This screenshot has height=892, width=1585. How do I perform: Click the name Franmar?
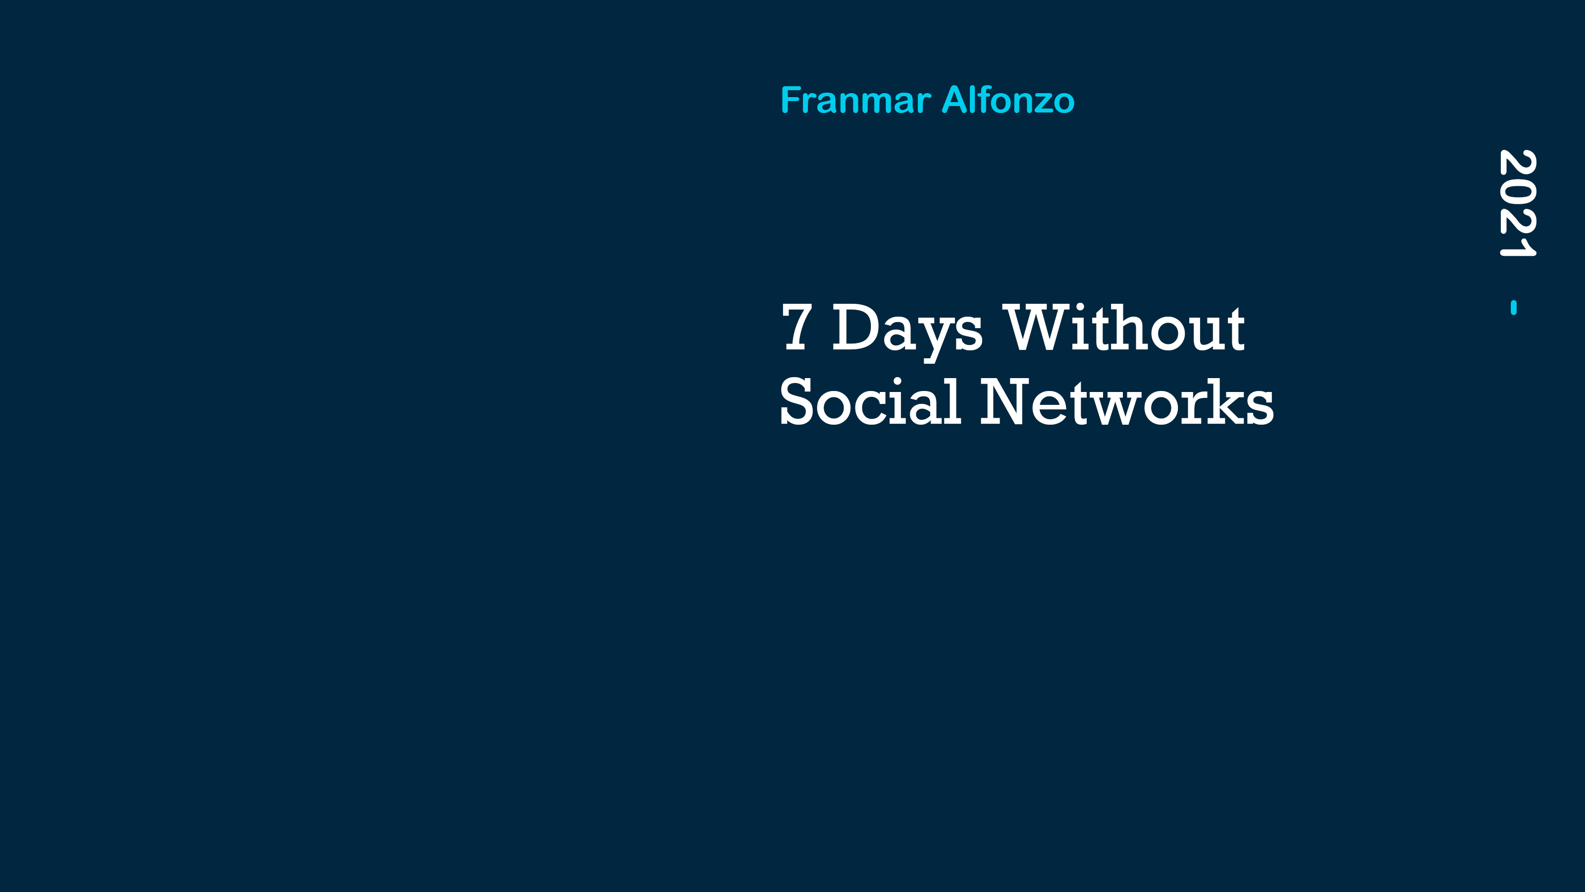point(855,100)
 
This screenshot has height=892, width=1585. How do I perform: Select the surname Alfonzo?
point(1008,100)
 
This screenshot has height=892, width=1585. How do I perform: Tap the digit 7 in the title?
point(797,328)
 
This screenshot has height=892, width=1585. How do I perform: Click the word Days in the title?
point(907,332)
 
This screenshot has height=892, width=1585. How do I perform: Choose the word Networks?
point(1127,401)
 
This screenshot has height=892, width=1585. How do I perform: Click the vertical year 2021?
point(1517,203)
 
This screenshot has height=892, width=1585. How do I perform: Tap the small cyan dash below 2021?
point(1514,307)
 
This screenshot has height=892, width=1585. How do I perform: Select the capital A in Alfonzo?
point(956,100)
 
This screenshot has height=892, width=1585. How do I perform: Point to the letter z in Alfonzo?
point(1044,104)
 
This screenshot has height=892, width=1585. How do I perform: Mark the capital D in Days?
point(857,328)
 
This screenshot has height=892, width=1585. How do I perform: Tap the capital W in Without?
point(1036,328)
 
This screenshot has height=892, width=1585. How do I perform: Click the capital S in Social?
point(798,401)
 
